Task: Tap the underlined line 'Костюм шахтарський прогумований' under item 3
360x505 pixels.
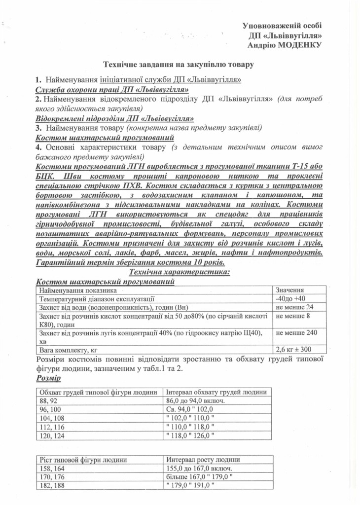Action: (105, 137)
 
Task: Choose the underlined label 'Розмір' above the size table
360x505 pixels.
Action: (48, 378)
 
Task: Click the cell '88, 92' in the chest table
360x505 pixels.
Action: (48, 401)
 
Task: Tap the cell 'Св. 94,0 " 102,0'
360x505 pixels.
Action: (195, 409)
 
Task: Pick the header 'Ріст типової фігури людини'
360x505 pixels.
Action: (83, 460)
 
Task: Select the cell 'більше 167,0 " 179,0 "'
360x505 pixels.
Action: (200, 476)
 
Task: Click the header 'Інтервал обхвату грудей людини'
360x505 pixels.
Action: (217, 392)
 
